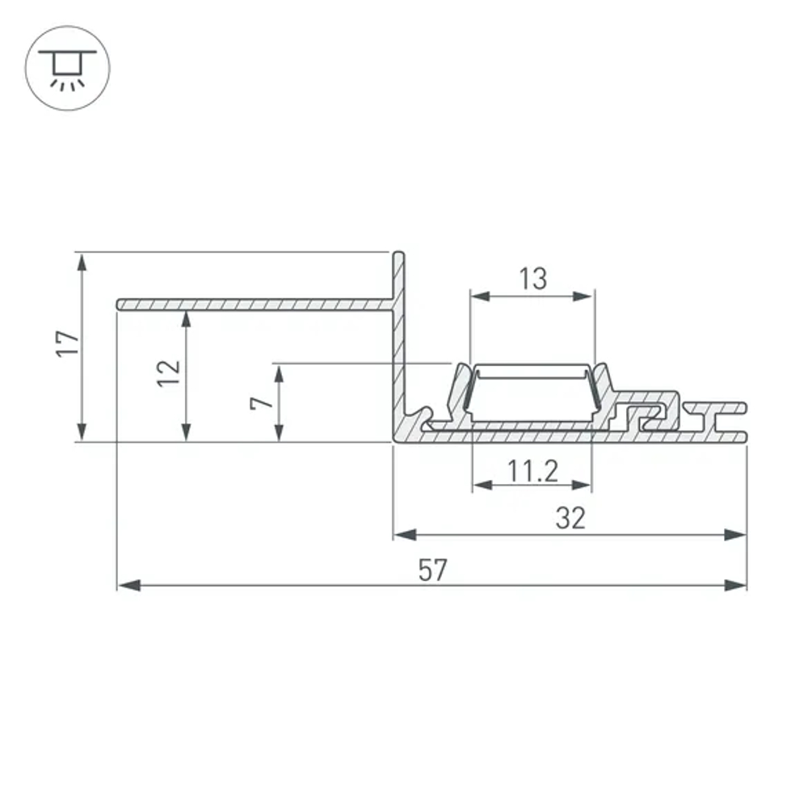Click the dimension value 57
(x=432, y=570)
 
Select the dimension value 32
(x=570, y=519)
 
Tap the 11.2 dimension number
(x=532, y=470)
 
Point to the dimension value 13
(x=532, y=280)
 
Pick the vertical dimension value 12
(x=169, y=372)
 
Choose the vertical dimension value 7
(x=260, y=402)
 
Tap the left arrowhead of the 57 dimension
(x=128, y=585)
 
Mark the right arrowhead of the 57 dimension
(x=736, y=585)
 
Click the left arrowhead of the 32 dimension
(x=404, y=534)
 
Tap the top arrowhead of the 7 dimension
(x=279, y=374)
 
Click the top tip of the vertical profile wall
(x=398, y=254)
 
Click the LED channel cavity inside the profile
(x=532, y=396)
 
